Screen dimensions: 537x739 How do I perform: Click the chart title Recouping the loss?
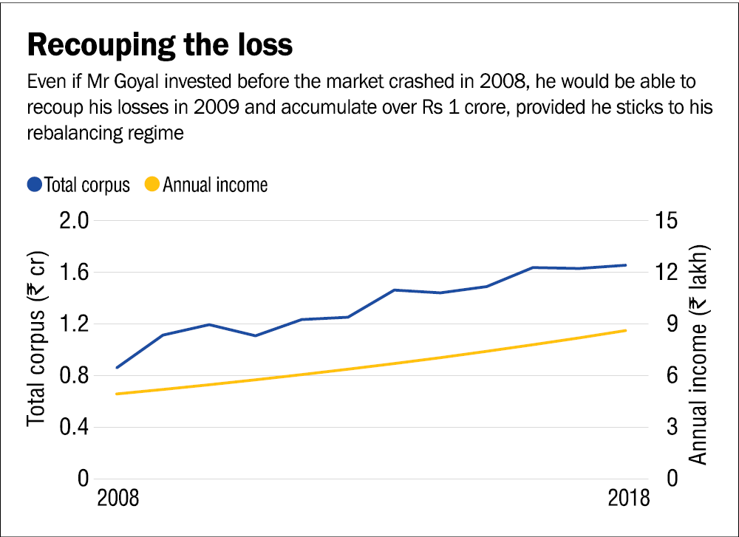(x=160, y=45)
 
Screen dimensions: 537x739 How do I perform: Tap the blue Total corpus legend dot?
(x=34, y=185)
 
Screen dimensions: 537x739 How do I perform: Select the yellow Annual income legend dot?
(x=152, y=185)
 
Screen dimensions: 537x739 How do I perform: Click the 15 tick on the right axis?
(x=662, y=221)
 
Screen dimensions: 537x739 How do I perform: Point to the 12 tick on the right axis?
(x=662, y=273)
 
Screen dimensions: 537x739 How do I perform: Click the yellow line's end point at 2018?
(x=627, y=330)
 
